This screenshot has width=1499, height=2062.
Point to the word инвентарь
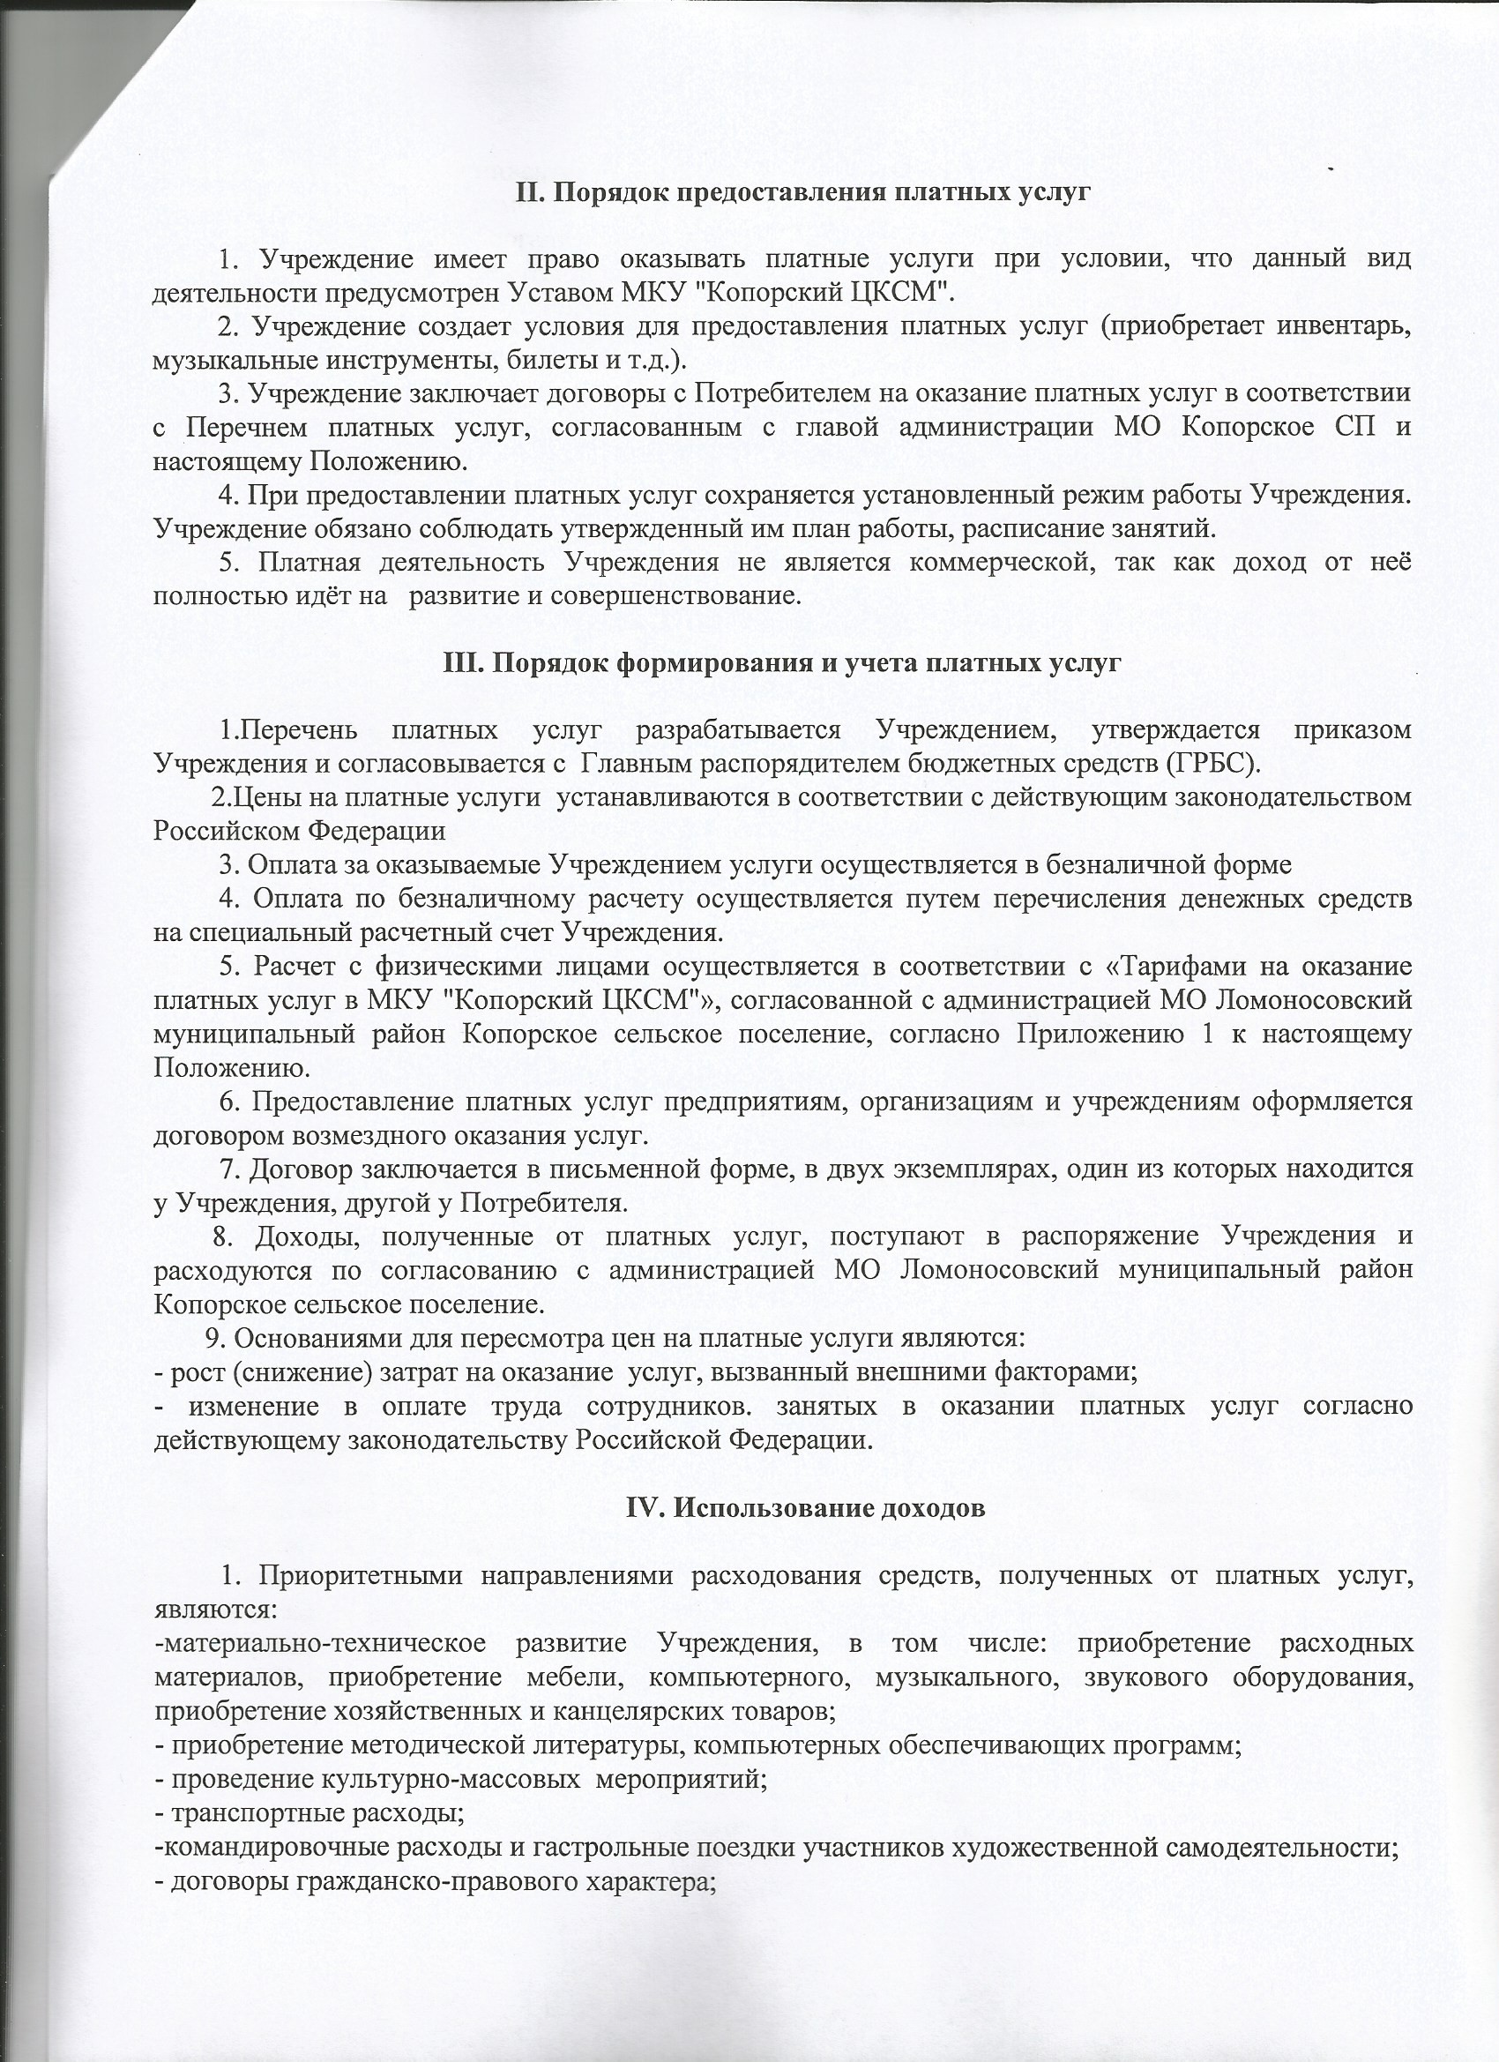pyautogui.click(x=1346, y=325)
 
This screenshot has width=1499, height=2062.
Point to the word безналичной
pyautogui.click(x=1119, y=864)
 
